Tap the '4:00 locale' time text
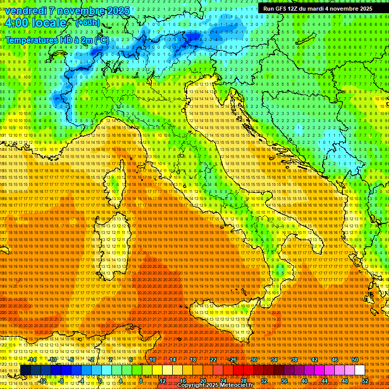click(35, 23)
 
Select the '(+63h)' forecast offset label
click(88, 23)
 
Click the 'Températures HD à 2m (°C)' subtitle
click(57, 40)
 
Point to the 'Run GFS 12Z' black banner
click(318, 9)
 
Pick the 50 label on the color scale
click(355, 360)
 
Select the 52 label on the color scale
click(365, 381)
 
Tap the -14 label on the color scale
click(32, 360)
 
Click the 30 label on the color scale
click(253, 360)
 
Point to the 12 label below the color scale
click(163, 381)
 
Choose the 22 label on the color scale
click(213, 360)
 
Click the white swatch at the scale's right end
click(360, 370)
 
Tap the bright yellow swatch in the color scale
click(167, 370)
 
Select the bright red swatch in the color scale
click(238, 370)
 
